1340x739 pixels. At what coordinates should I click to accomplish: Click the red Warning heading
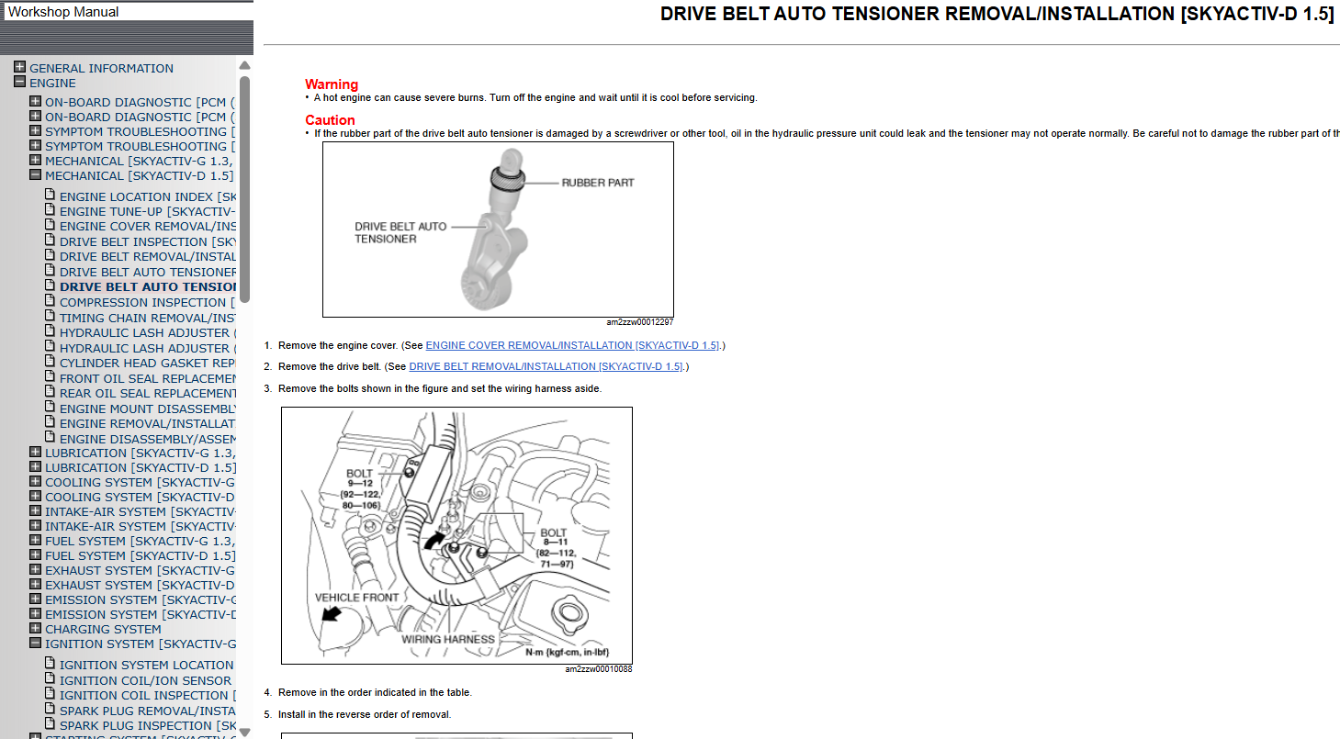pos(332,84)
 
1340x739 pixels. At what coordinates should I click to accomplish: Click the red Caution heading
pos(330,120)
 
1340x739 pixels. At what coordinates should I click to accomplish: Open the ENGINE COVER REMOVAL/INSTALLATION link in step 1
pos(572,345)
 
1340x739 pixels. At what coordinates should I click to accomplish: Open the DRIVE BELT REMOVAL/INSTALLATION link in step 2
pos(546,366)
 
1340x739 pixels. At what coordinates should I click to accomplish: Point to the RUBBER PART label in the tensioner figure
pos(597,183)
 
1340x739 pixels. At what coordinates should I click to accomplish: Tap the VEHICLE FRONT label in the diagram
pos(356,598)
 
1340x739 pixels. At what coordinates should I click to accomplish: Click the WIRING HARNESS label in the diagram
pos(448,639)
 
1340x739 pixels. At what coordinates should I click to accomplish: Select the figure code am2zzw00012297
pos(639,322)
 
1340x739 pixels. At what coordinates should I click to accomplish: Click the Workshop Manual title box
pos(127,12)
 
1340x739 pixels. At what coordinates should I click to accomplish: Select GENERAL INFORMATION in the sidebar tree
pos(101,68)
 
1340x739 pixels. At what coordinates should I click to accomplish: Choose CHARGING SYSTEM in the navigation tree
pos(103,629)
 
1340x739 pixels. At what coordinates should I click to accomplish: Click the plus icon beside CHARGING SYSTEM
pos(35,629)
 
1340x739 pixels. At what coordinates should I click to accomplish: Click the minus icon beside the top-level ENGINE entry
pos(19,82)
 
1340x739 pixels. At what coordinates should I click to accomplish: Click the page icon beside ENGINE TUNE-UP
pos(51,210)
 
